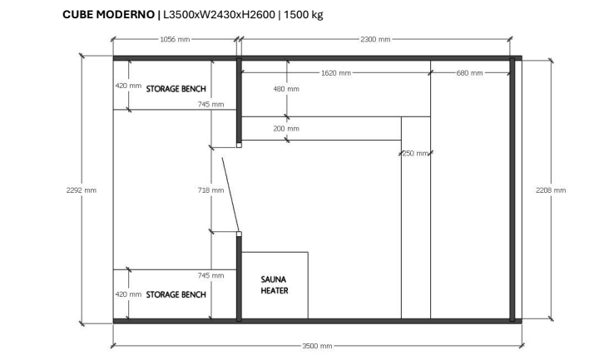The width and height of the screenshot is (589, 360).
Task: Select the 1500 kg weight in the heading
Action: pyautogui.click(x=303, y=15)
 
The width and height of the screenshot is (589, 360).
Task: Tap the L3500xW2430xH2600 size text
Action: pyautogui.click(x=220, y=15)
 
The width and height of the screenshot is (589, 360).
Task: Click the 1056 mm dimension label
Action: pyautogui.click(x=174, y=38)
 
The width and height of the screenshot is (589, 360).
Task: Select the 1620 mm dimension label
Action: pyautogui.click(x=335, y=73)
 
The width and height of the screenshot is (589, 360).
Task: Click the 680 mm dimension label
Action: pyautogui.click(x=469, y=73)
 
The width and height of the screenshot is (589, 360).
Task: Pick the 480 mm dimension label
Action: pyautogui.click(x=286, y=89)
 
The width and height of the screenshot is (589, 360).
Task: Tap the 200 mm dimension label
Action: pyautogui.click(x=286, y=129)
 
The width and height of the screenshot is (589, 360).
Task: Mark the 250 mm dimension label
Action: pyautogui.click(x=414, y=153)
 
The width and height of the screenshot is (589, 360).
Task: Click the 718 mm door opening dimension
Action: pyautogui.click(x=211, y=190)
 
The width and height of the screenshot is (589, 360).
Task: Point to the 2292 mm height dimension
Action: pyautogui.click(x=81, y=190)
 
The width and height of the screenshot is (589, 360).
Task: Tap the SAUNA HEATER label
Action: pyautogui.click(x=275, y=285)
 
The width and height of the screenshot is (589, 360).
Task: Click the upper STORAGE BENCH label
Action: pyautogui.click(x=176, y=88)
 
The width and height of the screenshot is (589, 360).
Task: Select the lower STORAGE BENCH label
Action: pyautogui.click(x=176, y=294)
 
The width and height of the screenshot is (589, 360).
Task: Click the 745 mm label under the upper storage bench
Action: pyautogui.click(x=211, y=105)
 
